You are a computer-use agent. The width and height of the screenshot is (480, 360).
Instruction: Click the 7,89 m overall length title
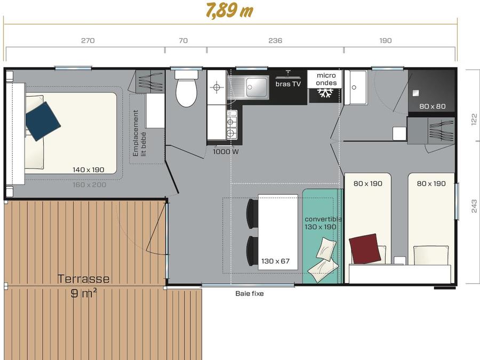pos(229,11)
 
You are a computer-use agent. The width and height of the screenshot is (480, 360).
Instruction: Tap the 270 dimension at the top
pos(88,41)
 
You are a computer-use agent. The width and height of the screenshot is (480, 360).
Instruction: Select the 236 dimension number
pos(275,41)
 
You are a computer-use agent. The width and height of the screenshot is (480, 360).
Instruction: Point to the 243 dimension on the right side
pos(474,206)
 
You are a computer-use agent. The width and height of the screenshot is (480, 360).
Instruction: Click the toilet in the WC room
pos(186,88)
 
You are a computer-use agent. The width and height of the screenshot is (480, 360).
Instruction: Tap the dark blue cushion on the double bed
pos(43,122)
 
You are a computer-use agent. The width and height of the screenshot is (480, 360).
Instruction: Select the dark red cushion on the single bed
pos(365,249)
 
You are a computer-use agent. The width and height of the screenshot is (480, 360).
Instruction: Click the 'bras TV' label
pos(288,84)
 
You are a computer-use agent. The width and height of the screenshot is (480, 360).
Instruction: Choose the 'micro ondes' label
pos(326,79)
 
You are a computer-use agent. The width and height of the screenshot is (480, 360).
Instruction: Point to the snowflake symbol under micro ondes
pos(325,93)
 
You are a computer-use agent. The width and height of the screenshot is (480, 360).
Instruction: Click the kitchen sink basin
pos(257,87)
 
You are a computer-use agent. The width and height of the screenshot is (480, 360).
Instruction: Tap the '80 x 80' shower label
pos(432,106)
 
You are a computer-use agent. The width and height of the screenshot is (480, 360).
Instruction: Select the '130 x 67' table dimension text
pos(276,261)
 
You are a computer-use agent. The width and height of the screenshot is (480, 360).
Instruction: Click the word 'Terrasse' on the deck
pos(84,279)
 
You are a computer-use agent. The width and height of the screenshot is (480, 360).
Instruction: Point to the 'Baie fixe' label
pos(250,293)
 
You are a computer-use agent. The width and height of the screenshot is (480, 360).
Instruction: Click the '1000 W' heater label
pos(226,151)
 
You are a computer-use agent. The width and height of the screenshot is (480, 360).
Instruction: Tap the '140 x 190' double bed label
pos(89,170)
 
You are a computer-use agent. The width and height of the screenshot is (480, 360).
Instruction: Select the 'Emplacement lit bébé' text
pos(139,133)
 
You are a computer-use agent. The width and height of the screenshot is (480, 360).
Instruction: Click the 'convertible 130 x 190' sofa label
pos(323,223)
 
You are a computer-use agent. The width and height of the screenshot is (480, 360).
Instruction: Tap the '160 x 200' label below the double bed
pos(90,185)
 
